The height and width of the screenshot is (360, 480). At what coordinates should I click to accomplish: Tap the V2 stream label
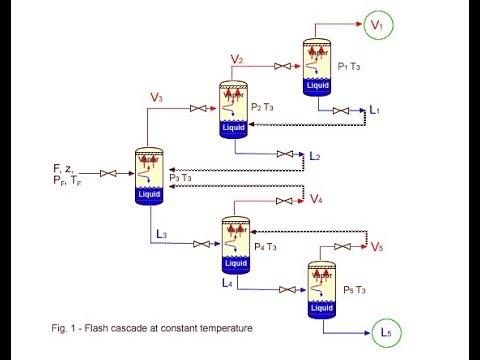coord(237,60)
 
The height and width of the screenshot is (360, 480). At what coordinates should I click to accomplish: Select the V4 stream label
coord(316,200)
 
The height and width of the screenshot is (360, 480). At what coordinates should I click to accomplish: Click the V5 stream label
coord(376,247)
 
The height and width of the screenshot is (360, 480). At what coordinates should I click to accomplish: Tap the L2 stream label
coord(315,157)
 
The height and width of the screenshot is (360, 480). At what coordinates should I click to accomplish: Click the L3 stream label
coord(162,235)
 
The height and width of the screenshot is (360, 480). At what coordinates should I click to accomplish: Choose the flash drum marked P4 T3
coord(234,243)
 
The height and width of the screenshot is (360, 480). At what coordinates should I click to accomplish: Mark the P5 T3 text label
coord(357,288)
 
